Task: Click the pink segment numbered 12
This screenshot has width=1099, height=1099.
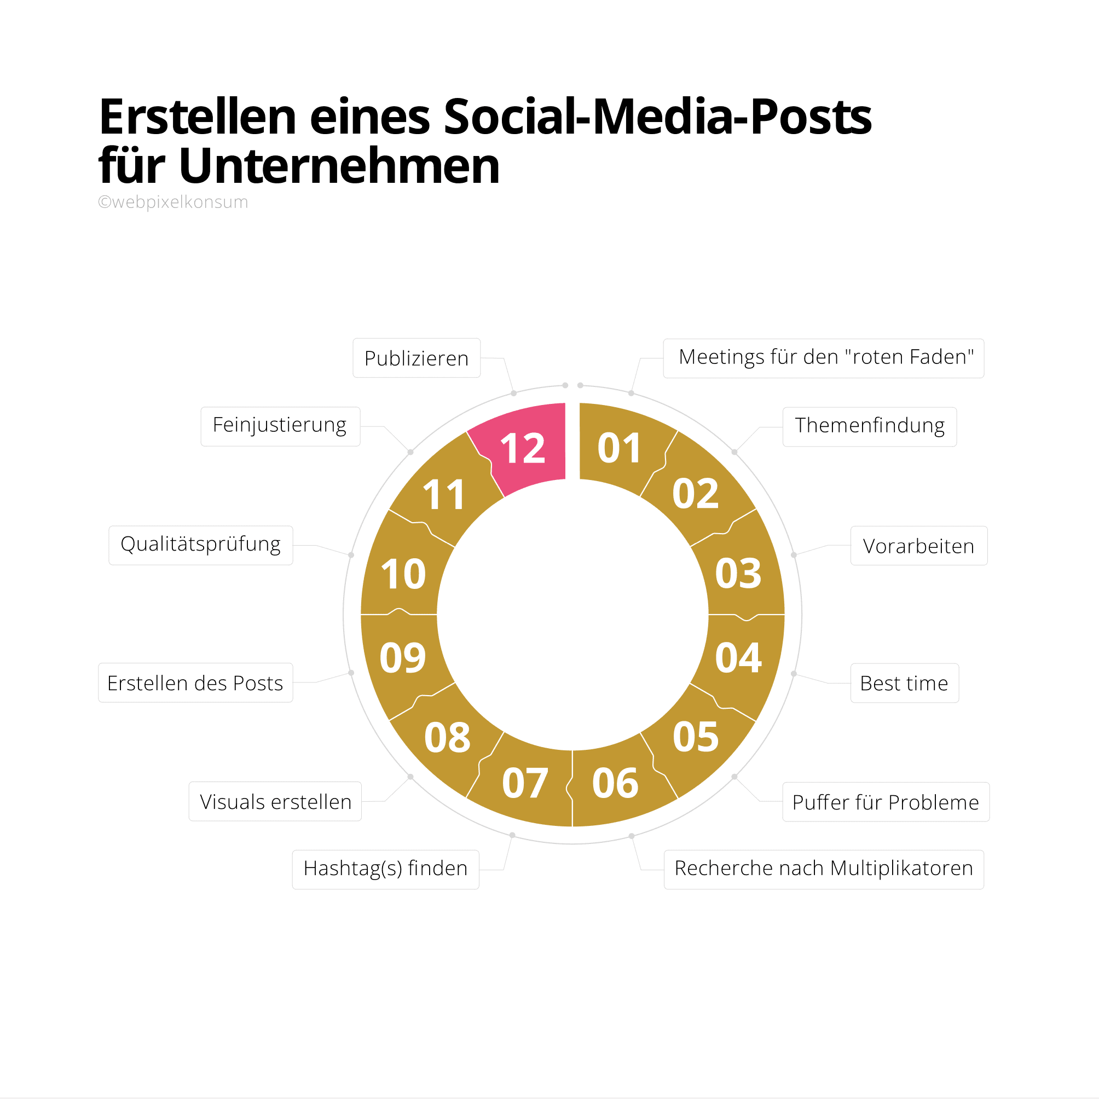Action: point(523,449)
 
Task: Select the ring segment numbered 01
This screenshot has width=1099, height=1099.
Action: point(619,449)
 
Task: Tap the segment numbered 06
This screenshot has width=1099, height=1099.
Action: point(615,783)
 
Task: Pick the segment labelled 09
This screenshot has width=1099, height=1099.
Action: point(402,658)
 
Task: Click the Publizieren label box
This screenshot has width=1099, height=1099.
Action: point(417,358)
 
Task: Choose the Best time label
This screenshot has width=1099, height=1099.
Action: point(904,683)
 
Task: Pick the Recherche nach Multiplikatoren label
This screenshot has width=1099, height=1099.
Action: point(823,869)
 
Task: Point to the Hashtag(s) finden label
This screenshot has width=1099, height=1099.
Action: point(385,869)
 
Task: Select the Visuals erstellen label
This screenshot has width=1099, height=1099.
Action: point(275,802)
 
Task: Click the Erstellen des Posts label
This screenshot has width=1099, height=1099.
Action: point(195,683)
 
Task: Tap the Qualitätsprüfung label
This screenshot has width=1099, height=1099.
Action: point(200,545)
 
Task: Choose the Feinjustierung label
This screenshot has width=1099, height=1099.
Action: point(279,425)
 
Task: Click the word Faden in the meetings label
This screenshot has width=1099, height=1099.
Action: point(942,357)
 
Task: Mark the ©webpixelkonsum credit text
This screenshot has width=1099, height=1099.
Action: point(173,202)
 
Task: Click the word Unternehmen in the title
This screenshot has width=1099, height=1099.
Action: point(339,166)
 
